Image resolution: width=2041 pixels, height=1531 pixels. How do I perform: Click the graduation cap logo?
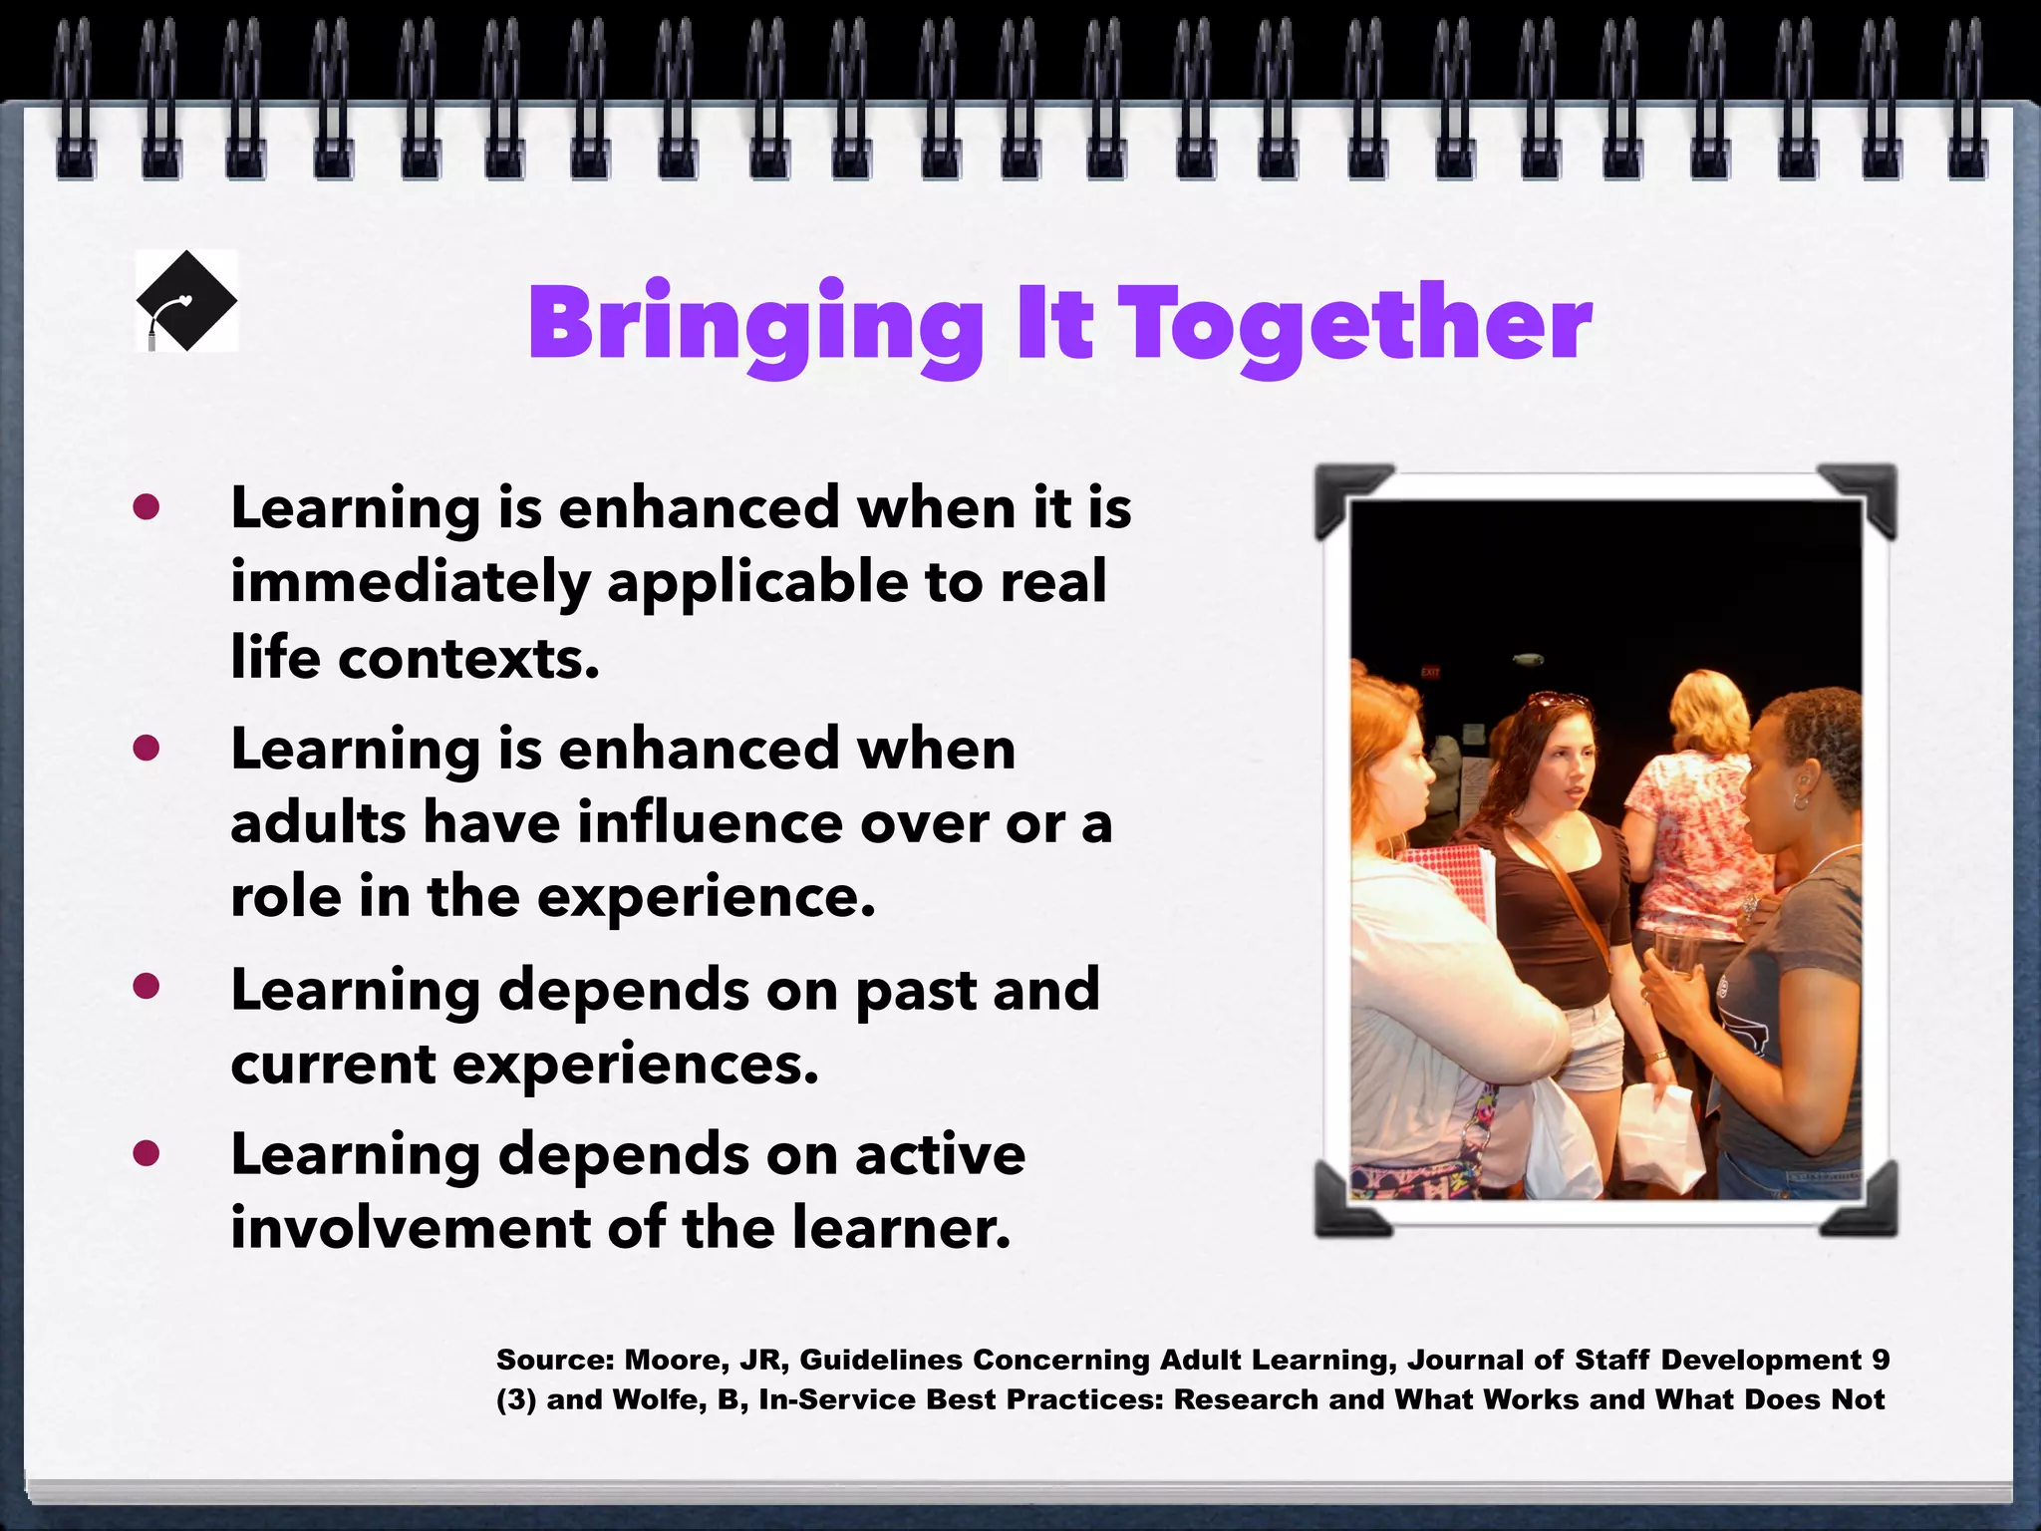[x=186, y=301]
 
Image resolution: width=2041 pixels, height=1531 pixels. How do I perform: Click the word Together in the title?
[x=1359, y=324]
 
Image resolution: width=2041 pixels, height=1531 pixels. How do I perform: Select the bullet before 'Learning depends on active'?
[x=146, y=1153]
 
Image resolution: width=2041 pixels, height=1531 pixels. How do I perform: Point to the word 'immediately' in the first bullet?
[x=411, y=583]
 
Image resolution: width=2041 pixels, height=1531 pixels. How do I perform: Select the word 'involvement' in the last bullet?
[x=411, y=1228]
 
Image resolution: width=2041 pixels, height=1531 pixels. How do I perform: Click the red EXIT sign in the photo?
[x=1430, y=673]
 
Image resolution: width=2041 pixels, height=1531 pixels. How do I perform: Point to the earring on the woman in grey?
[x=1800, y=800]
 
